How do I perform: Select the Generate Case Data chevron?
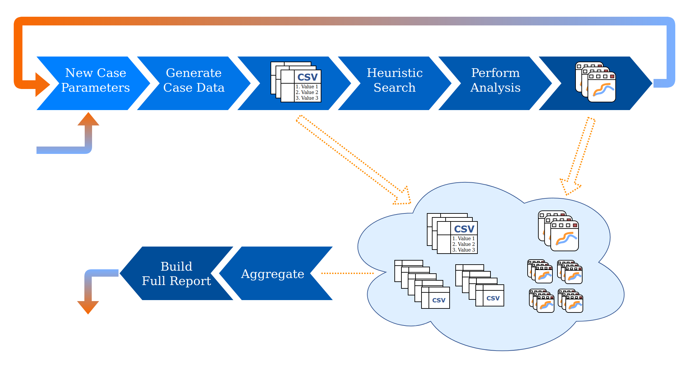click(x=194, y=83)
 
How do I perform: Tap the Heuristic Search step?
click(x=395, y=83)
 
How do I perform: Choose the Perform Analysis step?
click(x=495, y=83)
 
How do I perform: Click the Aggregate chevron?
click(x=273, y=273)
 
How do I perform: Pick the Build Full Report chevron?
click(x=176, y=273)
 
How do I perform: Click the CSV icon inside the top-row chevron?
click(x=296, y=82)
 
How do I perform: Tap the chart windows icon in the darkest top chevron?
click(x=596, y=82)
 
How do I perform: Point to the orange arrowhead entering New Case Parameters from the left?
click(x=43, y=85)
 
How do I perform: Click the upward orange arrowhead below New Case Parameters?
click(x=88, y=119)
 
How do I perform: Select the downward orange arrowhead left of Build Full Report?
click(x=88, y=307)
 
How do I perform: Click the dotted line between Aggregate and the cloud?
click(x=347, y=273)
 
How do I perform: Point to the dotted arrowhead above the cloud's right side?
click(x=570, y=187)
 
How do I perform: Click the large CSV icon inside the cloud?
click(x=452, y=234)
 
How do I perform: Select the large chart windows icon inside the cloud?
click(x=558, y=231)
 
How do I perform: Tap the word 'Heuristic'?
click(x=395, y=73)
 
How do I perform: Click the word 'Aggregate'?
click(x=273, y=274)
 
